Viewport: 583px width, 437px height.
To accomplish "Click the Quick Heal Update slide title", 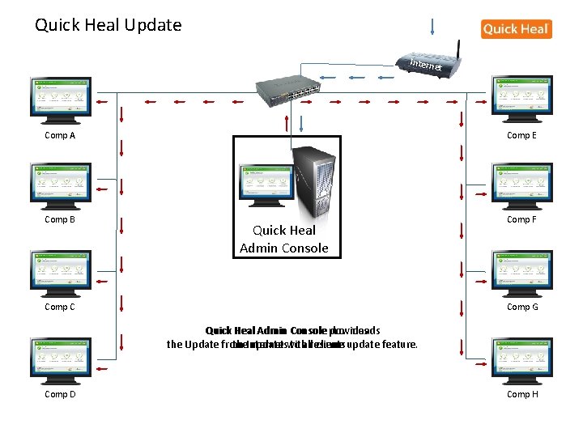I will pos(109,25).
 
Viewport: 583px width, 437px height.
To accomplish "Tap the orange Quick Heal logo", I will pos(516,29).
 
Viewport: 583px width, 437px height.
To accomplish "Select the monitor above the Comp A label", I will pos(61,96).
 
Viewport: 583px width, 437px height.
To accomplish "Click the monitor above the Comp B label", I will pos(61,182).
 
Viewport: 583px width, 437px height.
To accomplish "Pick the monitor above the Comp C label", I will pos(61,270).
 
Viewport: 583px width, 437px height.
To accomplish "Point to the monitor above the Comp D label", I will pos(61,357).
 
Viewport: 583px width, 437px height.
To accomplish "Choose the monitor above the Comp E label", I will pos(522,96).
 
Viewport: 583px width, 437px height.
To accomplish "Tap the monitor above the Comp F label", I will pos(522,182).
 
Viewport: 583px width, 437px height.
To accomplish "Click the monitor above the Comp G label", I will pos(522,270).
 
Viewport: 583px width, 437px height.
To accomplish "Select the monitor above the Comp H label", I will pos(522,357).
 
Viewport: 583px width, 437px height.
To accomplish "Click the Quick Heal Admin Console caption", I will pos(284,240).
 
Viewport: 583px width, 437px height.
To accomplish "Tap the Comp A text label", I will pos(60,135).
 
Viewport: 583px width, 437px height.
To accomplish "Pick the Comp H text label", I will pos(522,394).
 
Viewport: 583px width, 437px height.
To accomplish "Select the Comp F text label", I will pos(521,219).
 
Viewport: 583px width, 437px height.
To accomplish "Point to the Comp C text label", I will pos(60,307).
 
